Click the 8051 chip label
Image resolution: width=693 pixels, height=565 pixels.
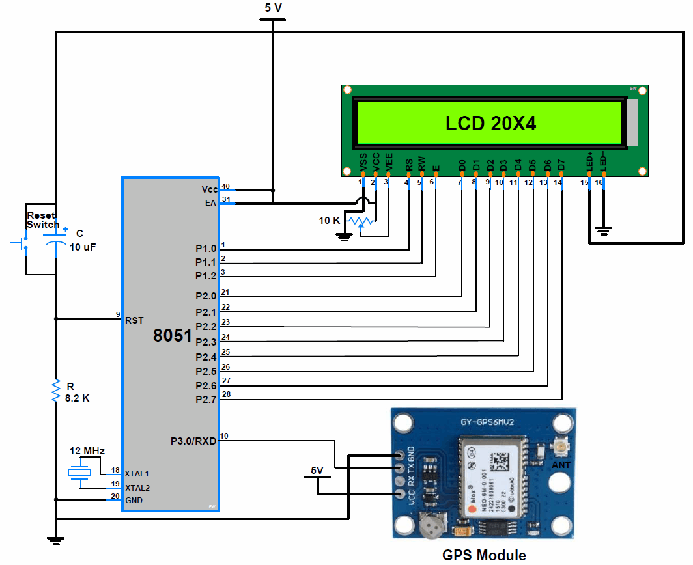coord(172,336)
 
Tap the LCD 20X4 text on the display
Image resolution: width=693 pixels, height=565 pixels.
coord(490,123)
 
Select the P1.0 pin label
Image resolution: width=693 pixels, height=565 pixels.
coord(205,249)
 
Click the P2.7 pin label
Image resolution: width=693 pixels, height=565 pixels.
coord(205,399)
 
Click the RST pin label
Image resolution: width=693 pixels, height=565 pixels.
coord(134,320)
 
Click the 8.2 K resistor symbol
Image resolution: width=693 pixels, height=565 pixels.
coord(57,391)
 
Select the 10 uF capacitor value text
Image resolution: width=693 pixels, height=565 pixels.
coord(82,247)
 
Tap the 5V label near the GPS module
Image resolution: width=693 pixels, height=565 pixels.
coord(317,470)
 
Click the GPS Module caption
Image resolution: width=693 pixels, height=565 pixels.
coord(484,555)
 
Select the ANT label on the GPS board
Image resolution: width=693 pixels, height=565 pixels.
coord(561,465)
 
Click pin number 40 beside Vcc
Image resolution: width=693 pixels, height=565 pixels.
coord(225,187)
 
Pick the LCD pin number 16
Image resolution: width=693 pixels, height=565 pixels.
coord(599,182)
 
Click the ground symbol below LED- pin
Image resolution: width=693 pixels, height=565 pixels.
coord(604,230)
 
